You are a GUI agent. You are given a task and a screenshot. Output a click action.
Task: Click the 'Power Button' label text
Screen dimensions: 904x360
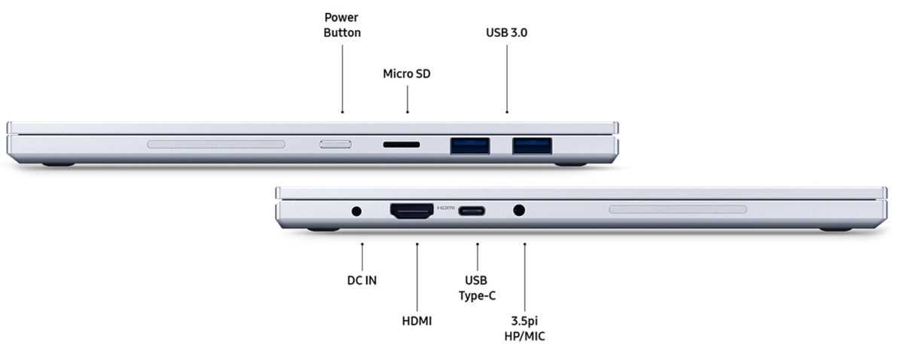(x=342, y=25)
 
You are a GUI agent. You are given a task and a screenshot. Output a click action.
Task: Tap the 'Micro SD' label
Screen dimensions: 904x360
(x=407, y=74)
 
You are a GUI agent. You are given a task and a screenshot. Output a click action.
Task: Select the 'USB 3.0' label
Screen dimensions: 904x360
(x=506, y=32)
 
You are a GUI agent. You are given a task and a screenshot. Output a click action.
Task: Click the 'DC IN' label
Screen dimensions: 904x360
(x=362, y=280)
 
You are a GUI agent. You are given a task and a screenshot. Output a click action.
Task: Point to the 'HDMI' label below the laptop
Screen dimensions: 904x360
(x=417, y=322)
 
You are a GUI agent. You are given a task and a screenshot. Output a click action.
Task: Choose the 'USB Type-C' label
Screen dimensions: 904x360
(x=477, y=288)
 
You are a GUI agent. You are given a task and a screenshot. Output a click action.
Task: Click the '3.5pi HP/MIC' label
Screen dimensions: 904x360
(x=524, y=328)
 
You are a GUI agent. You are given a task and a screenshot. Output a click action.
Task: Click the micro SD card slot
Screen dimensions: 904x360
(x=401, y=145)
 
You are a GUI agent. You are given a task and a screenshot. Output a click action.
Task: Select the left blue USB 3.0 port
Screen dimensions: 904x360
(x=470, y=145)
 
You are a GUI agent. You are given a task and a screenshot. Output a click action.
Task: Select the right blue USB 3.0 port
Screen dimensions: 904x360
(x=532, y=145)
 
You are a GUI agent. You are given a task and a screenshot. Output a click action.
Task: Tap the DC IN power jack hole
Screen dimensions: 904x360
(x=356, y=211)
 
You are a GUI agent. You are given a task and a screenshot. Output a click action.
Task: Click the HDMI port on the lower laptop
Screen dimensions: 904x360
(x=411, y=211)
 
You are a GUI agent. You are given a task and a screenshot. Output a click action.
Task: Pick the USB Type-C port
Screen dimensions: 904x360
(x=472, y=211)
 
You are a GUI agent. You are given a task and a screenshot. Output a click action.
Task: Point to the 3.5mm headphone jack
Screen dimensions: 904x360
(x=519, y=210)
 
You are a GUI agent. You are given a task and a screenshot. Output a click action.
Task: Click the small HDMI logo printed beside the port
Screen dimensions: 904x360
(x=445, y=208)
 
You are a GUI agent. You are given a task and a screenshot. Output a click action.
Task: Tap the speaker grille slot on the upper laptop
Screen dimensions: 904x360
(x=216, y=144)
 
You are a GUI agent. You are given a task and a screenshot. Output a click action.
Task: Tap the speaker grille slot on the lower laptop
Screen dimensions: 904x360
(x=678, y=209)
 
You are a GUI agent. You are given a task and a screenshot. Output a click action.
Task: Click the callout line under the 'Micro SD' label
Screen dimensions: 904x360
(x=408, y=99)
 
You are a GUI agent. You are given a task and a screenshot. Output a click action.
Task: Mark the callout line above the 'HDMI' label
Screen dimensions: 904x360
(x=417, y=277)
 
